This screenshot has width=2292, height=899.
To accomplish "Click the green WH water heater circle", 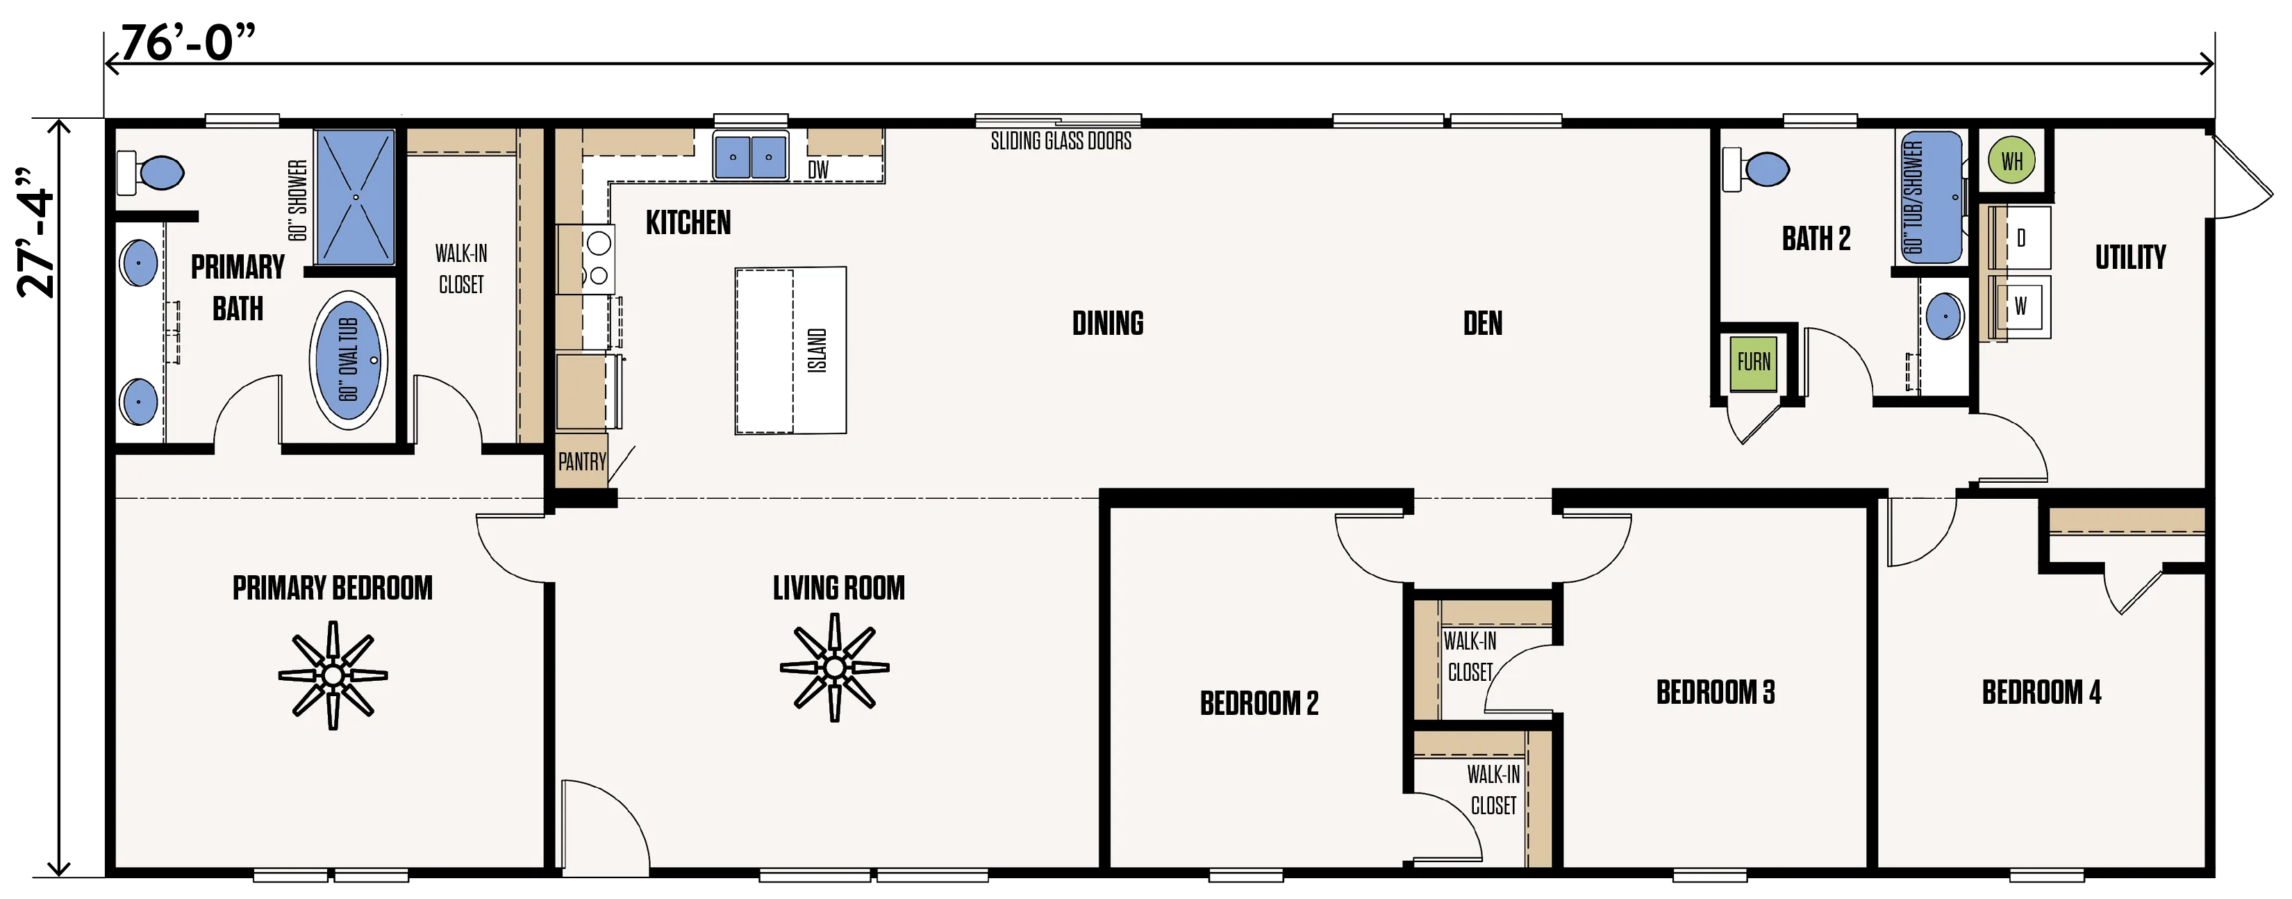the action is [x=2011, y=160].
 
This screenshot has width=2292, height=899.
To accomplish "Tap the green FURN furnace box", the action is [x=1753, y=362].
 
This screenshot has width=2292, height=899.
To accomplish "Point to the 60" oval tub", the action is [x=348, y=360].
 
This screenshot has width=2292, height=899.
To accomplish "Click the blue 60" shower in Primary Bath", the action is [x=355, y=197].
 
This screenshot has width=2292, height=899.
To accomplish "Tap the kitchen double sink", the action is [x=750, y=156].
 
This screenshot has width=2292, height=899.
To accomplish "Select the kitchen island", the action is [x=790, y=351].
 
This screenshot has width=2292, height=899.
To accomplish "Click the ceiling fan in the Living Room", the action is [x=835, y=667].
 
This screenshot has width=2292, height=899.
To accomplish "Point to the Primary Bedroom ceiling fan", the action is [x=333, y=675].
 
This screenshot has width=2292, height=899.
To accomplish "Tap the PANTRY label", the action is [x=582, y=461].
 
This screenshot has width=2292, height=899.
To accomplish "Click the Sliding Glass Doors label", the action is [x=1061, y=140].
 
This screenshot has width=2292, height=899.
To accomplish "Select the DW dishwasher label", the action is [x=817, y=169].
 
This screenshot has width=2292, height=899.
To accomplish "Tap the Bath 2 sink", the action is [x=1945, y=316].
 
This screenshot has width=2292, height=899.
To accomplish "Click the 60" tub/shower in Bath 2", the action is [x=1931, y=197].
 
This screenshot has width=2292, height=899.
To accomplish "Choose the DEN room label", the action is [x=1482, y=323].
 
